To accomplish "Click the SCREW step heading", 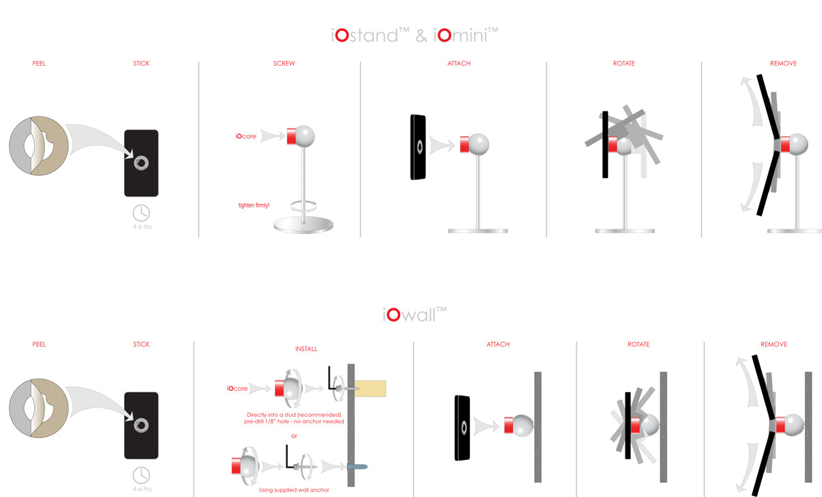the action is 284,64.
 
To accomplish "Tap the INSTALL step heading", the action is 306,349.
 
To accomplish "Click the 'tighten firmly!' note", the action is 254,205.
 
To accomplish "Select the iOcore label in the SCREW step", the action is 245,136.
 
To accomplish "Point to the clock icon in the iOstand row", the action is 141,213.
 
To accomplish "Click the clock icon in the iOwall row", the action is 141,475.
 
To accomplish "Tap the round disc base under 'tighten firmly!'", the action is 303,225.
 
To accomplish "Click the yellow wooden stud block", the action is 371,389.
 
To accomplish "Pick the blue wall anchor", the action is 358,467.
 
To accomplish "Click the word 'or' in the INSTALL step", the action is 294,436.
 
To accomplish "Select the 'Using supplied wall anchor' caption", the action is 294,490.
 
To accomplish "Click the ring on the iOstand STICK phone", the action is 141,163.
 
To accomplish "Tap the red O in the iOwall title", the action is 393,315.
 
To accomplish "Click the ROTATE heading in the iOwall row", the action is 638,344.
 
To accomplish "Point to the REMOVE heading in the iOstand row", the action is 784,64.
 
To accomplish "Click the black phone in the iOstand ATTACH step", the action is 418,147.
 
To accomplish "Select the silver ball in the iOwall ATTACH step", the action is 523,426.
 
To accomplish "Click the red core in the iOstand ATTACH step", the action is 464,144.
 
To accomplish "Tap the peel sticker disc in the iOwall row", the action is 38,408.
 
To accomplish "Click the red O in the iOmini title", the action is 445,36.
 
